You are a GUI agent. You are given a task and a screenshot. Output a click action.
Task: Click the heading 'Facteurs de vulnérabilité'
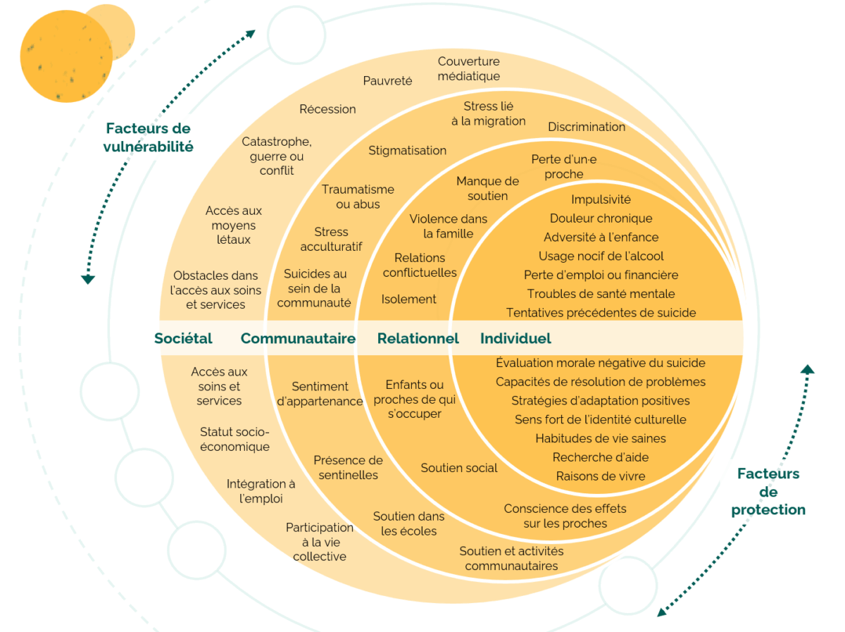[148, 137]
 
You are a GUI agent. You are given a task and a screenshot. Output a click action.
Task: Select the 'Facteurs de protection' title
[768, 491]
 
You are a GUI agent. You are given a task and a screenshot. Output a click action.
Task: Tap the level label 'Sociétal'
[183, 338]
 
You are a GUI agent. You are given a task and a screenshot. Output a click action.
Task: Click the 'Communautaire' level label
[298, 338]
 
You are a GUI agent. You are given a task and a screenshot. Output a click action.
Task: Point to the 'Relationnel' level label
[418, 338]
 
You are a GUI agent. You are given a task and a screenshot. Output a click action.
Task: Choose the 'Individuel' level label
[515, 338]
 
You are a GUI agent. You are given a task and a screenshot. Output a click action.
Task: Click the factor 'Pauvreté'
[387, 80]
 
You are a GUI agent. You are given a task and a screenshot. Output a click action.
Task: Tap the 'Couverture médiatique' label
[468, 68]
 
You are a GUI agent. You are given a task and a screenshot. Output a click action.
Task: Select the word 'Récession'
[327, 109]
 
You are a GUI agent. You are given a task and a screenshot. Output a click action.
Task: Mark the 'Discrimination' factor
[587, 127]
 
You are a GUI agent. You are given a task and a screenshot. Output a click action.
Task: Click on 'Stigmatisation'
[407, 150]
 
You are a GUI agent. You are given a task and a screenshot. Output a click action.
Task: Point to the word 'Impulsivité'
[601, 199]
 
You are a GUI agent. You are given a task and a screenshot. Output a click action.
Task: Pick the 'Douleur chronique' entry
[601, 218]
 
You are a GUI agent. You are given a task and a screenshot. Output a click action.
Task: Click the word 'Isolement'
[408, 299]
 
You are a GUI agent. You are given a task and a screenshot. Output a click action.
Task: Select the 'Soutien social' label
[459, 468]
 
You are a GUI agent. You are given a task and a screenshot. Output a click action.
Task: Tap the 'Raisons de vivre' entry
[601, 476]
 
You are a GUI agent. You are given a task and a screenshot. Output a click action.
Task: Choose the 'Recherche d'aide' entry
[601, 457]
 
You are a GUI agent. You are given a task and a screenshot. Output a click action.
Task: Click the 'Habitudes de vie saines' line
[601, 438]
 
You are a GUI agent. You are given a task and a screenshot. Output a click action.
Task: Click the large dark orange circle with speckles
[66, 56]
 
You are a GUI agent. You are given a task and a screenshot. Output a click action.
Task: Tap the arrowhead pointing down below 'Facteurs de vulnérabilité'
[88, 279]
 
